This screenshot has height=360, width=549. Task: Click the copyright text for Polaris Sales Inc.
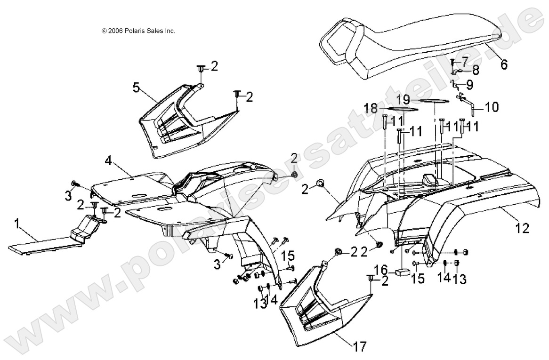[138, 31]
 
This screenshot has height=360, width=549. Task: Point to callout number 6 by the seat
[504, 64]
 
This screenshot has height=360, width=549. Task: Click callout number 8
[476, 71]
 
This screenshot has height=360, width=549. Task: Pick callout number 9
[468, 85]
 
